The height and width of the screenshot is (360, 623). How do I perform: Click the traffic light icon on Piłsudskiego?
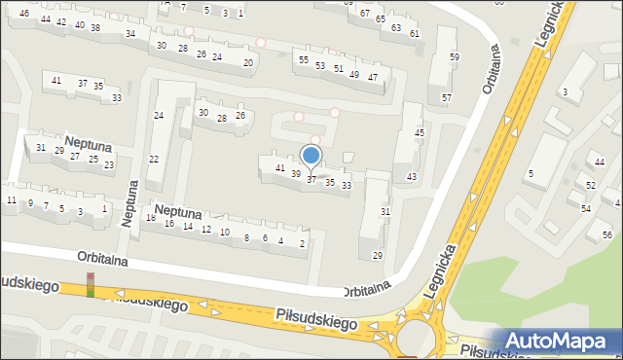(x=92, y=284)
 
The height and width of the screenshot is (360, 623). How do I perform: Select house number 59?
(x=454, y=57)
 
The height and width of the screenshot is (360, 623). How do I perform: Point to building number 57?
(x=446, y=98)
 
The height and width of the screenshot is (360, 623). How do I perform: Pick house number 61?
(x=414, y=34)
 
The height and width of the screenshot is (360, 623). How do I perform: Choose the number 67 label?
(x=364, y=14)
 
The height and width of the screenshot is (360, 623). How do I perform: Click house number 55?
(x=305, y=61)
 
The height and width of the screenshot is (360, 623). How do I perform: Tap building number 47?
(x=372, y=76)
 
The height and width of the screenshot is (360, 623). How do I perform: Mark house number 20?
(x=248, y=62)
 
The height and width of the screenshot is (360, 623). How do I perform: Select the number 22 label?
(x=153, y=160)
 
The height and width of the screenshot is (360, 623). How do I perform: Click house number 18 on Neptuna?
(x=150, y=218)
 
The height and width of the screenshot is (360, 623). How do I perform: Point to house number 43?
(x=412, y=176)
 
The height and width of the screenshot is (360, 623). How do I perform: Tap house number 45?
(x=420, y=133)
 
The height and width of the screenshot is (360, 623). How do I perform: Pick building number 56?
(x=606, y=235)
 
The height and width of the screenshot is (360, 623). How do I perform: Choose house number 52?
(x=591, y=185)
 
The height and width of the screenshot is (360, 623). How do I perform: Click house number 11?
(x=11, y=200)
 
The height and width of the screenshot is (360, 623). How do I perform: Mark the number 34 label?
(x=130, y=34)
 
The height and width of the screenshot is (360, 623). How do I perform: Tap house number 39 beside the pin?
(x=296, y=174)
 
